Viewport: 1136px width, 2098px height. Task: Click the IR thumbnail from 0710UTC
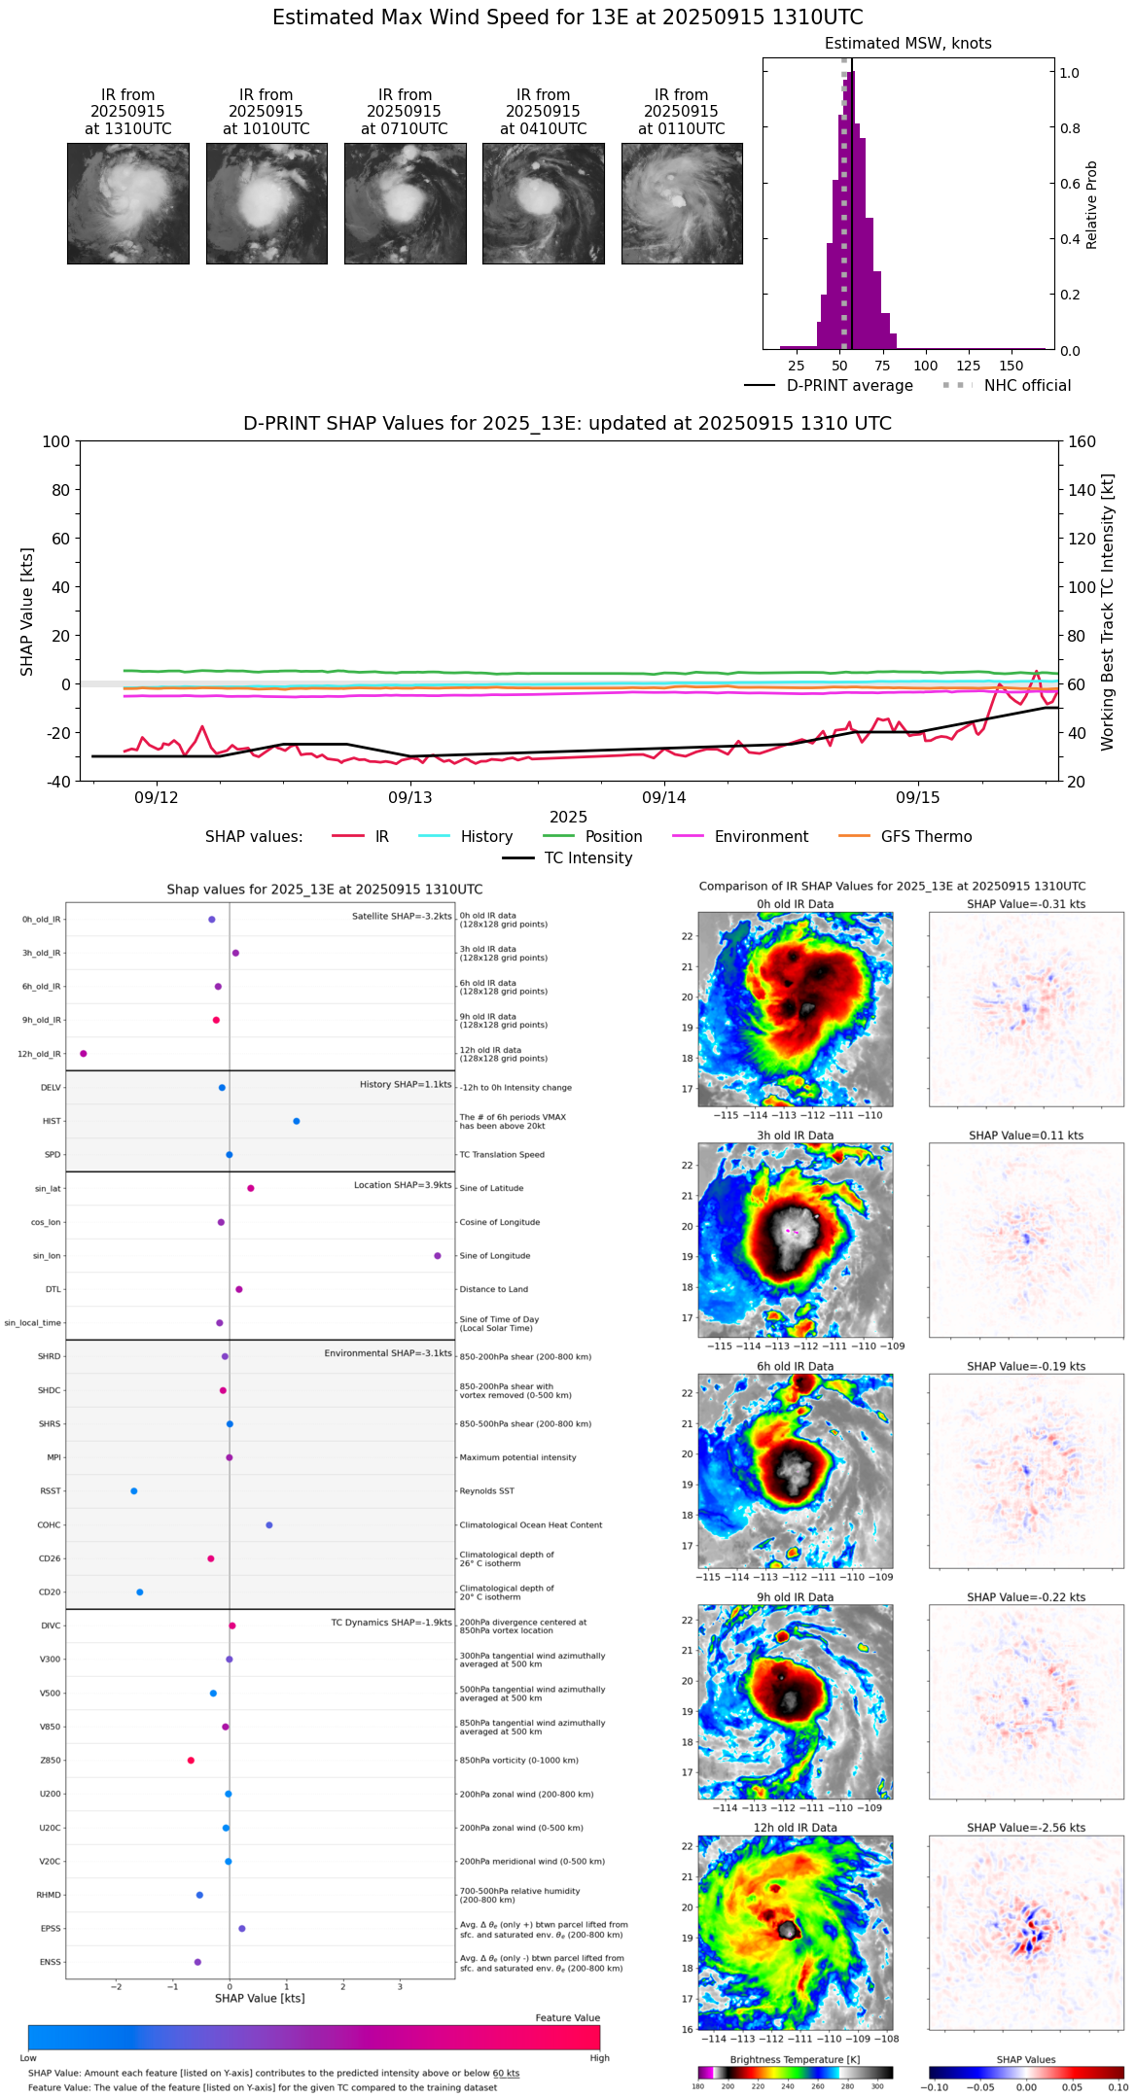pyautogui.click(x=405, y=203)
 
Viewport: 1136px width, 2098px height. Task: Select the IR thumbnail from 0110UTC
pyautogui.click(x=682, y=203)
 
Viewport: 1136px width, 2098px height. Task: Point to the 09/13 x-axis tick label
pyautogui.click(x=410, y=798)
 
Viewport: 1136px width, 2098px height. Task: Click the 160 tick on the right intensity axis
pyautogui.click(x=1083, y=442)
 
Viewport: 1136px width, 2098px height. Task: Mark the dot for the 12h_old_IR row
pyautogui.click(x=84, y=1054)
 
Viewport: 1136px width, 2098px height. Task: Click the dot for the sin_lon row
pyautogui.click(x=438, y=1256)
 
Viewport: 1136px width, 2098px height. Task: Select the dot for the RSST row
pyautogui.click(x=134, y=1491)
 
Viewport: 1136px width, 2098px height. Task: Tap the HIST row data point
pyautogui.click(x=297, y=1122)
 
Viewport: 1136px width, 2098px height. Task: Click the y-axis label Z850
pyautogui.click(x=51, y=1761)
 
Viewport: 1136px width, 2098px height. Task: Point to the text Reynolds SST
pyautogui.click(x=487, y=1491)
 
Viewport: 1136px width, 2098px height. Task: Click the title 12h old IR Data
pyautogui.click(x=795, y=1828)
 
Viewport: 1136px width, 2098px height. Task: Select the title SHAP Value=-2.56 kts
pyautogui.click(x=1026, y=1828)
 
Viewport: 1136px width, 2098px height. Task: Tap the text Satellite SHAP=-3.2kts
pyautogui.click(x=402, y=916)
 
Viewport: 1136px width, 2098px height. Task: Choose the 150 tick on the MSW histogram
pyautogui.click(x=1012, y=367)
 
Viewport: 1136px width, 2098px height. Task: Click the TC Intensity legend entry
pyautogui.click(x=587, y=858)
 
